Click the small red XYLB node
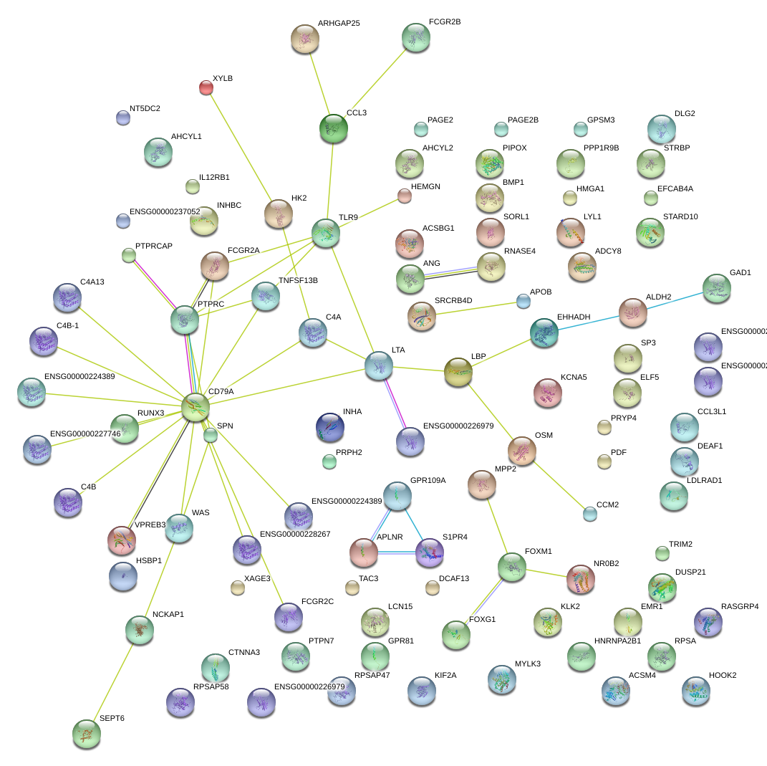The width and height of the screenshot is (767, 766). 206,87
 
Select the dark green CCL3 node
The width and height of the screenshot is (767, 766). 333,128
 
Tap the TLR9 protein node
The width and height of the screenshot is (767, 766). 326,233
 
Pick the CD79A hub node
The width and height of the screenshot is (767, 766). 195,406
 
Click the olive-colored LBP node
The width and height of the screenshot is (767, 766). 458,371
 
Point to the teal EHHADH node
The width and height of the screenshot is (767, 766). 544,332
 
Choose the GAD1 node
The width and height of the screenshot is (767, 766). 716,287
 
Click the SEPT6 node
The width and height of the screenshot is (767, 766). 87,732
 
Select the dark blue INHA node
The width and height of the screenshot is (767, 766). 330,426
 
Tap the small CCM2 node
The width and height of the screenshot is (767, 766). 589,513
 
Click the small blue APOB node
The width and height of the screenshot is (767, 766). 524,301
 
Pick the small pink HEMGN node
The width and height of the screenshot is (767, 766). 405,195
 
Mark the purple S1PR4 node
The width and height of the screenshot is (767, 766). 430,552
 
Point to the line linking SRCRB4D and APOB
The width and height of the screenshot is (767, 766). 476,308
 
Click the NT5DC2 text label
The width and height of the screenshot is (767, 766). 145,109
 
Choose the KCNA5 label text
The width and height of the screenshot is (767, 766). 574,376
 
